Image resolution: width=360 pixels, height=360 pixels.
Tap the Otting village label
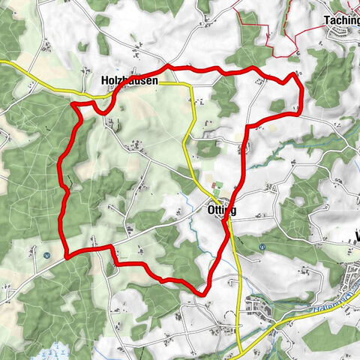tap(220, 211)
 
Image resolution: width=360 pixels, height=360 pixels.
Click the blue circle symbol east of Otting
tap(262, 247)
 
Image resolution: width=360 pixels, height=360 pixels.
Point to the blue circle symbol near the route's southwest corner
tap(46, 254)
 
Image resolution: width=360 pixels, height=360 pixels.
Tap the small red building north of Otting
tap(213, 185)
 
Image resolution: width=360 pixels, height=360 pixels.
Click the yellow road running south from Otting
tap(238, 285)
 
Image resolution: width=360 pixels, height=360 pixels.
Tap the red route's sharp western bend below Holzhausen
tap(74, 106)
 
